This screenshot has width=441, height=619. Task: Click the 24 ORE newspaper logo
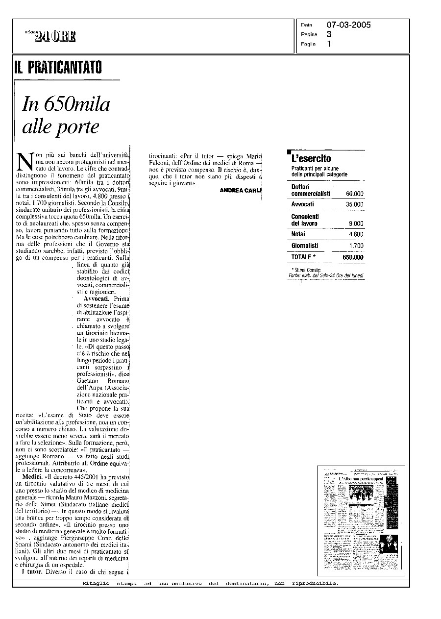pos(54,36)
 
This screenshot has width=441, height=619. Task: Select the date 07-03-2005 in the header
pos(348,25)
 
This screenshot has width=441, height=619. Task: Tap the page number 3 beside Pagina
pos(329,34)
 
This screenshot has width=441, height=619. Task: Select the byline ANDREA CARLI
pos(241,190)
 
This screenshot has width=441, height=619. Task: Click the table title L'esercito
pos(311,158)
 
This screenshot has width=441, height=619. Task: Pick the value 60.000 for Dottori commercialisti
pos(354,194)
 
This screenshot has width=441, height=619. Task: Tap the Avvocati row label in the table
pos(302,204)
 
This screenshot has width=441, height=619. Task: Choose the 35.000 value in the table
pos(354,204)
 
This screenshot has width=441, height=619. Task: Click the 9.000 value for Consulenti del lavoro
pos(356,223)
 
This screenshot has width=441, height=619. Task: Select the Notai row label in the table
pos(298,234)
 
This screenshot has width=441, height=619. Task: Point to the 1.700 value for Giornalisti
pos(356,246)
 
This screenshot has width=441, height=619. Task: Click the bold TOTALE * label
pos(303,257)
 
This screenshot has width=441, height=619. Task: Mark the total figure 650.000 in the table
pos(353,257)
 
